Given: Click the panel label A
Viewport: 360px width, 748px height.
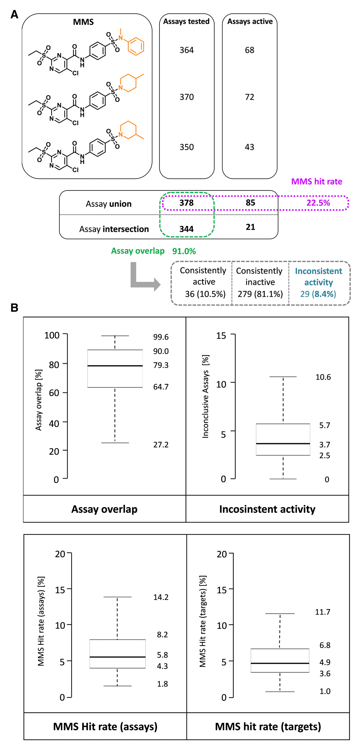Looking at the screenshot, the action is tap(14, 14).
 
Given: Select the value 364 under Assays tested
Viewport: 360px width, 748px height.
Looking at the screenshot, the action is tap(186, 50).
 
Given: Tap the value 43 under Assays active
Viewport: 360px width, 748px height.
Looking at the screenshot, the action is tap(249, 147).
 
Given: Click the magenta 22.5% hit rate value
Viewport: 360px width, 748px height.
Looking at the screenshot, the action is tap(318, 203).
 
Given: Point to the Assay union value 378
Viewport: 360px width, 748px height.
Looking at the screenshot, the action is tap(186, 203).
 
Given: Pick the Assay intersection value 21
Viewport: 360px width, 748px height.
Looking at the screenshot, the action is tap(251, 227).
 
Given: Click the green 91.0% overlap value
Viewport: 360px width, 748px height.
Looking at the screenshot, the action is tap(184, 251).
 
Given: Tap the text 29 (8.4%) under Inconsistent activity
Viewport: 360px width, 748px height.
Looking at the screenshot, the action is tap(318, 294).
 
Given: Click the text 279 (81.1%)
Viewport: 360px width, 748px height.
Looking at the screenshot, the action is tap(260, 294).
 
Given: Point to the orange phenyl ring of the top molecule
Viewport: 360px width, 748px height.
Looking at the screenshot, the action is tap(136, 46).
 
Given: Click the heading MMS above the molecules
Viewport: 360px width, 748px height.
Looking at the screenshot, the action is tap(83, 22).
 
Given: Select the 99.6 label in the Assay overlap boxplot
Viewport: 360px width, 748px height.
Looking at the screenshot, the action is tap(161, 337).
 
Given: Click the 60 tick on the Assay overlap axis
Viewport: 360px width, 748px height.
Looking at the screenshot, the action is tap(54, 393).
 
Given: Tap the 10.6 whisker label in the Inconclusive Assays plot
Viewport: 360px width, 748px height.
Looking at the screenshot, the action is tap(323, 377).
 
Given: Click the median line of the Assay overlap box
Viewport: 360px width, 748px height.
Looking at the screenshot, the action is tap(115, 366).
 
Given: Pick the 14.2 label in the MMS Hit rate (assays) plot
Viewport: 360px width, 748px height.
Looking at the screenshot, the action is tap(161, 597).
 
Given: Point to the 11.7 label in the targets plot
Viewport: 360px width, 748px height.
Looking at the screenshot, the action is tap(323, 612).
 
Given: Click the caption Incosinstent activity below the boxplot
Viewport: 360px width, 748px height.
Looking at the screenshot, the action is tap(267, 509).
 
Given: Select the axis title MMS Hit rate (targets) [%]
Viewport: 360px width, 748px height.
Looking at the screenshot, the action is tap(203, 621).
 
